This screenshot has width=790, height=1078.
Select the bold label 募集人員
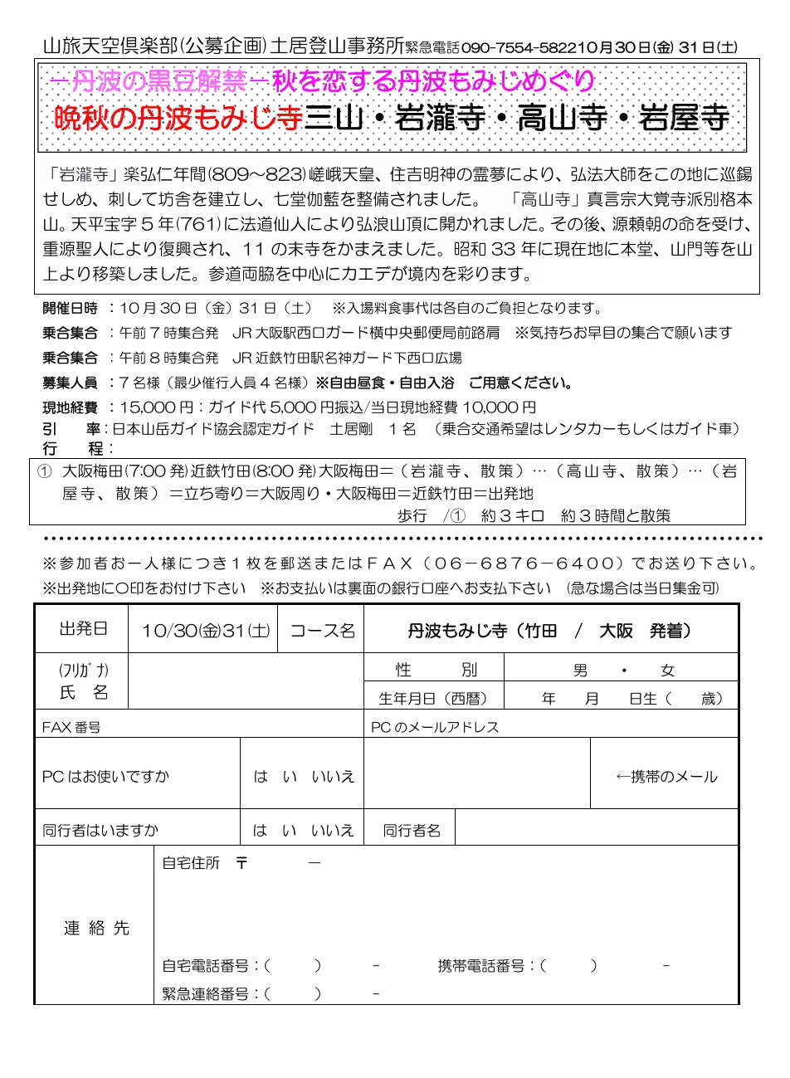[70, 383]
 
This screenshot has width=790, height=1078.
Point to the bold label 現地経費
[70, 407]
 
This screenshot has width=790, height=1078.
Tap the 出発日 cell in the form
[83, 630]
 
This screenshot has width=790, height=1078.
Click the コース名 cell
[322, 631]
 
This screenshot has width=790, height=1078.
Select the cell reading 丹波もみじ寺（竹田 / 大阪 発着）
[549, 631]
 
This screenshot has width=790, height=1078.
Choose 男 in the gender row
[580, 671]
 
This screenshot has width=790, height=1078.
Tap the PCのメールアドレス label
[435, 727]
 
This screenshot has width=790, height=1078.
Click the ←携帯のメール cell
[666, 777]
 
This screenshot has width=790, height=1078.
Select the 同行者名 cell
[411, 830]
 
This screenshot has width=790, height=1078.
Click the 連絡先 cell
[96, 928]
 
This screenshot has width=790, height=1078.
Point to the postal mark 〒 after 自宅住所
[241, 863]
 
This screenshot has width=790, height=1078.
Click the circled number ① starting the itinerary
[46, 471]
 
